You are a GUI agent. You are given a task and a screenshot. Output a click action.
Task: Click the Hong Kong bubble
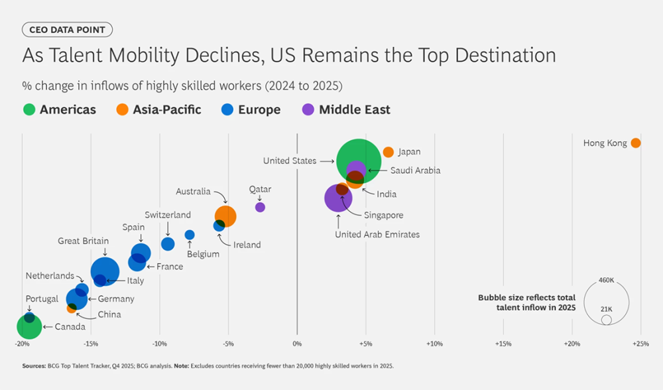(x=635, y=143)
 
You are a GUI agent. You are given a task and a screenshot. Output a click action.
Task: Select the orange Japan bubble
(x=388, y=152)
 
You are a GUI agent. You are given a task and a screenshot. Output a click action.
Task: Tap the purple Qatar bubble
(x=260, y=207)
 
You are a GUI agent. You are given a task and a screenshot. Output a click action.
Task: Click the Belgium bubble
(x=190, y=235)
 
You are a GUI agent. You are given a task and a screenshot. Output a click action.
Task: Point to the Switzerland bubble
(x=168, y=243)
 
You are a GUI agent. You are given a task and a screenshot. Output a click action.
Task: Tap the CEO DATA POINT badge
(x=67, y=30)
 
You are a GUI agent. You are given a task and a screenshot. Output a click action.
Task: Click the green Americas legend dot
(x=29, y=109)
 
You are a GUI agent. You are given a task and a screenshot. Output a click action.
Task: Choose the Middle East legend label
(x=355, y=109)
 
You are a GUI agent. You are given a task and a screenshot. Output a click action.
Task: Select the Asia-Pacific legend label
(x=166, y=109)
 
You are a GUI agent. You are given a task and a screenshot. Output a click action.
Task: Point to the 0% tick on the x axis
(x=297, y=344)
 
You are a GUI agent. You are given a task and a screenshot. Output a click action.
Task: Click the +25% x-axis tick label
(x=640, y=344)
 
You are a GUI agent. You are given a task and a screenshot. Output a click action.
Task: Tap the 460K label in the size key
(x=607, y=281)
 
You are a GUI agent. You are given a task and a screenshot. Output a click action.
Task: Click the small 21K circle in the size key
(x=606, y=320)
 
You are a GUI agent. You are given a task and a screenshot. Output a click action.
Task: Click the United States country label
(x=289, y=161)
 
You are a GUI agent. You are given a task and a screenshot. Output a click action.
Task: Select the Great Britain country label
(x=83, y=241)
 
